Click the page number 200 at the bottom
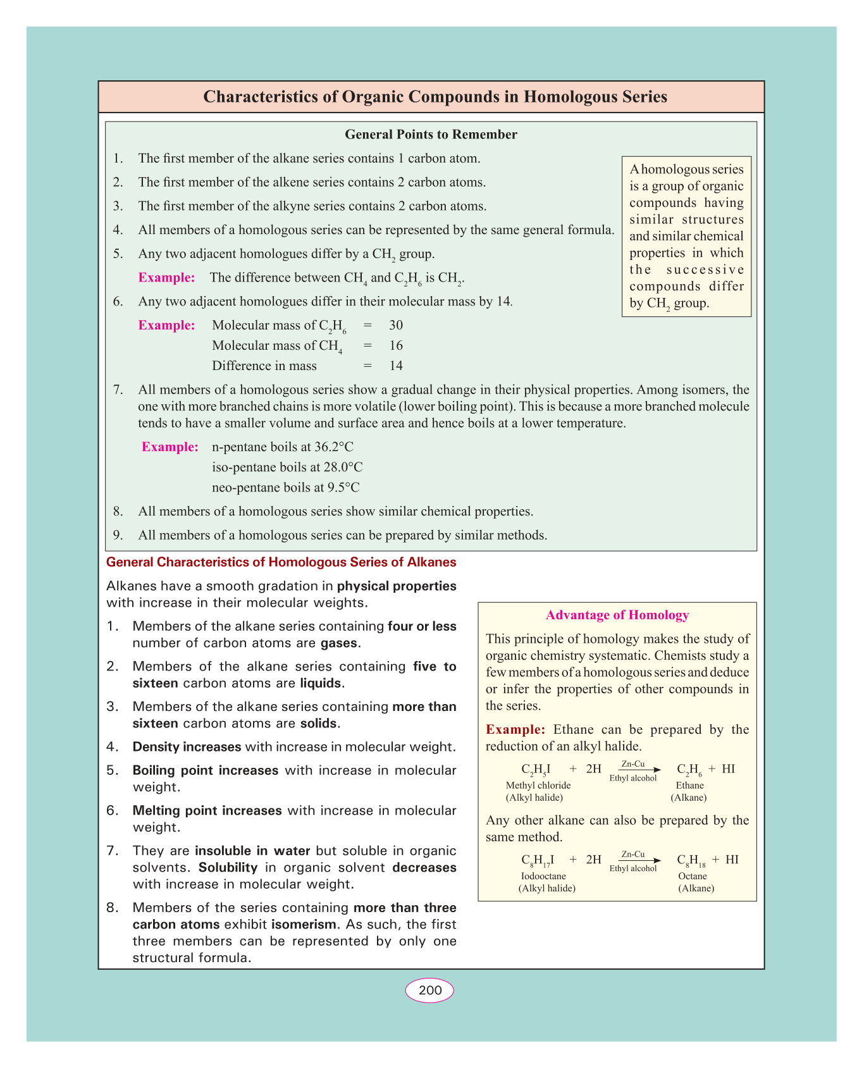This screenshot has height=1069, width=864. click(x=430, y=991)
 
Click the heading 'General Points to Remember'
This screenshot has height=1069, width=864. click(x=431, y=134)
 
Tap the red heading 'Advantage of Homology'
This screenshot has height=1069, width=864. click(x=617, y=615)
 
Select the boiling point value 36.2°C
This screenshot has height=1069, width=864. click(x=334, y=447)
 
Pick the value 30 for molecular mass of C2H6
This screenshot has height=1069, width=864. click(x=396, y=325)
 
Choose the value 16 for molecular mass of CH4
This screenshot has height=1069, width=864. click(x=396, y=345)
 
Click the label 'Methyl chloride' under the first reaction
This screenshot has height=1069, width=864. click(x=538, y=785)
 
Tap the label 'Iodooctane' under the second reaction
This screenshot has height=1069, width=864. click(x=543, y=876)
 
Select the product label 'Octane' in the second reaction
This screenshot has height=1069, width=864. click(x=693, y=876)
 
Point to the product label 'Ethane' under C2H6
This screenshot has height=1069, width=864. click(x=689, y=785)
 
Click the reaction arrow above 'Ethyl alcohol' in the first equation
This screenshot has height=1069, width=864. click(x=634, y=770)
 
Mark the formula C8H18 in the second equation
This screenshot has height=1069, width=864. click(x=691, y=860)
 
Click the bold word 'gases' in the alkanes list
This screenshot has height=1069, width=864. click(x=340, y=644)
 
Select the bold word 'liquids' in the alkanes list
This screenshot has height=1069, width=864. click(x=321, y=684)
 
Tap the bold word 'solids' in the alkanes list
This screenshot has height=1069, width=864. click(x=319, y=724)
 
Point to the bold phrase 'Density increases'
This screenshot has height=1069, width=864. click(x=187, y=747)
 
